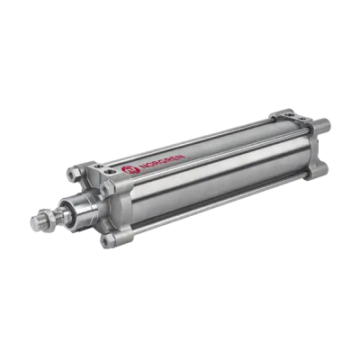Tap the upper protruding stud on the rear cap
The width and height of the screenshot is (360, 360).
[322, 124]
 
